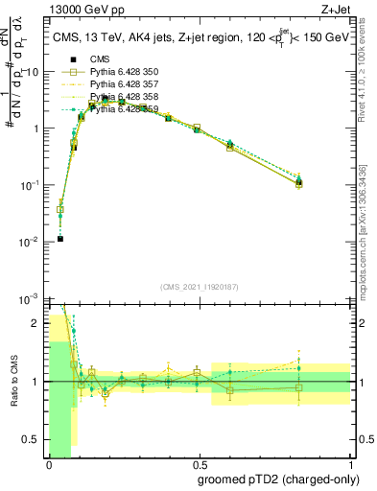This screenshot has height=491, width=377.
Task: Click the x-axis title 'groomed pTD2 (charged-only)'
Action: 277,479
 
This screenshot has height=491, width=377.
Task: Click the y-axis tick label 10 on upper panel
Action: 33,72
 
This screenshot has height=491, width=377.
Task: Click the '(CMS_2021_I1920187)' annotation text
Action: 200,287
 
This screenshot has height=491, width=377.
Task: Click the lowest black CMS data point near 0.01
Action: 59,239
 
